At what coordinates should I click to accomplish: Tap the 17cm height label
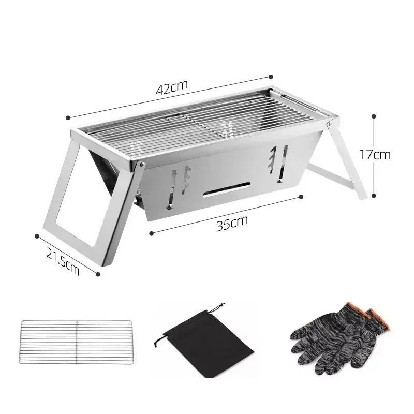(x=376, y=154)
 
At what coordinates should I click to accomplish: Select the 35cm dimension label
(x=231, y=223)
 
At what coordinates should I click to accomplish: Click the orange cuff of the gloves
(x=375, y=317)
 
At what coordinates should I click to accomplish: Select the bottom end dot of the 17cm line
(x=374, y=196)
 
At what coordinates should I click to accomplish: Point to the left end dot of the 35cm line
(x=150, y=233)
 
